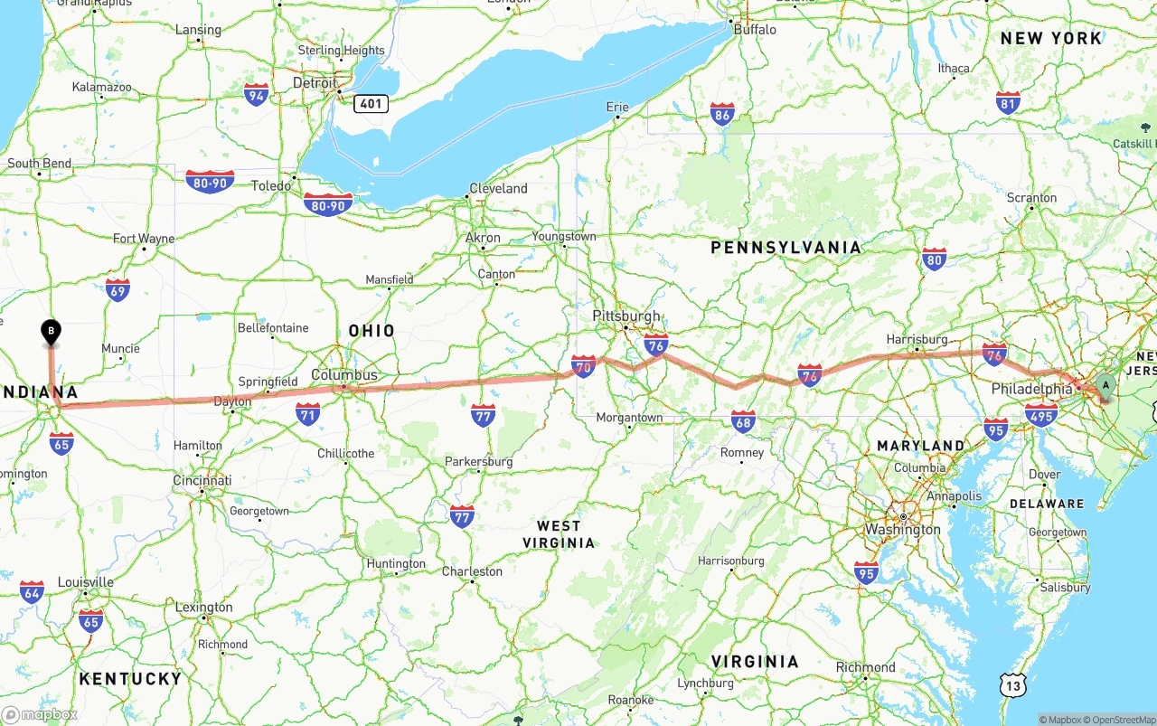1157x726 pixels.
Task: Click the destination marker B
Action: pyautogui.click(x=52, y=333)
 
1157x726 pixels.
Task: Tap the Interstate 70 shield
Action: pyautogui.click(x=583, y=366)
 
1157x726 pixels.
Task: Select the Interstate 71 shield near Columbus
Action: pyautogui.click(x=307, y=414)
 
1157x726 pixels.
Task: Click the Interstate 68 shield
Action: pyautogui.click(x=743, y=420)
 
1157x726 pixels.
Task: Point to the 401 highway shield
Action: pyautogui.click(x=371, y=103)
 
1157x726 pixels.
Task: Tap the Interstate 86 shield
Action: pyautogui.click(x=721, y=114)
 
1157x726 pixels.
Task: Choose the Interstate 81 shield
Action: pyautogui.click(x=1008, y=102)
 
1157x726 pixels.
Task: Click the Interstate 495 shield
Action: pyautogui.click(x=1041, y=416)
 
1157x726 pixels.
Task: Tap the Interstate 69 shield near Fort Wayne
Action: pyautogui.click(x=118, y=289)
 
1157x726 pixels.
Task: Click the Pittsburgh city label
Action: pyautogui.click(x=626, y=316)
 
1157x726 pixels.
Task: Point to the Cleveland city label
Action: pyautogui.click(x=498, y=188)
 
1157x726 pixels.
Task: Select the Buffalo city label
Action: pyautogui.click(x=755, y=29)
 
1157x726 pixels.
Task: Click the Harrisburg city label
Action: pyautogui.click(x=917, y=339)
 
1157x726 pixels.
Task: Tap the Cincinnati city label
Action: pyautogui.click(x=202, y=480)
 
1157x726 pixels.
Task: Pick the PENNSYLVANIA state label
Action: pyautogui.click(x=785, y=247)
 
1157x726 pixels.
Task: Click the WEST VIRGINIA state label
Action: pyautogui.click(x=559, y=533)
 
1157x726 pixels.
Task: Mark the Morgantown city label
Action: pyautogui.click(x=630, y=418)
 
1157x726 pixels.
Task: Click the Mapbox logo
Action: pyautogui.click(x=40, y=714)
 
